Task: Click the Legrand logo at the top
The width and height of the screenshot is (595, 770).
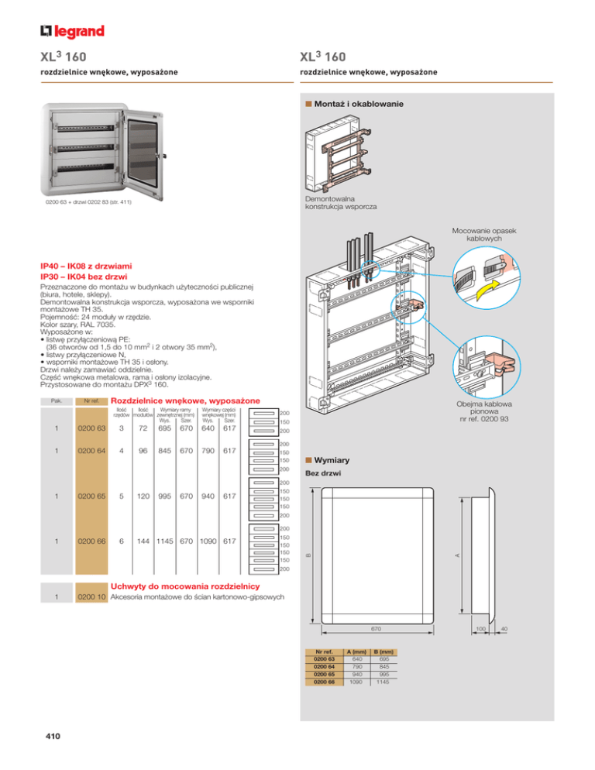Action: (72, 31)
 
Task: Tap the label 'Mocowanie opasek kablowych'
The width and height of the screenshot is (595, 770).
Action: (492, 234)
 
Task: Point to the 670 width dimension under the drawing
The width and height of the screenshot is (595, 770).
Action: (376, 630)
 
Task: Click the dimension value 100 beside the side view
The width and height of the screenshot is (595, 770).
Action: (480, 630)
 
